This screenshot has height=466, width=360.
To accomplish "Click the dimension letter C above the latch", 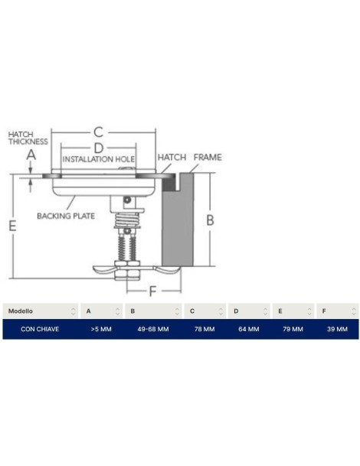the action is [98, 132].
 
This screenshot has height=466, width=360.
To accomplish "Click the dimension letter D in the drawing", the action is [98, 148].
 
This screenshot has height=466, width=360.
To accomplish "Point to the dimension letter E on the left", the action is [12, 226].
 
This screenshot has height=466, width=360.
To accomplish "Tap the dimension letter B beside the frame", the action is [210, 220].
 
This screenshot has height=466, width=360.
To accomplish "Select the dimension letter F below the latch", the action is [152, 292].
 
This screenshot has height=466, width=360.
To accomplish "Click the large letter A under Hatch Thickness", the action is [31, 155].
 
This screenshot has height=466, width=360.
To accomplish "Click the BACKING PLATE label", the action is [66, 216].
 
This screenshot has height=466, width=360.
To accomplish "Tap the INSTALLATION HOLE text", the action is [99, 159].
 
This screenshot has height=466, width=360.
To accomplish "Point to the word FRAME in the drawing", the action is [208, 157].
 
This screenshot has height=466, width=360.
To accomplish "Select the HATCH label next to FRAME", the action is [172, 157].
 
